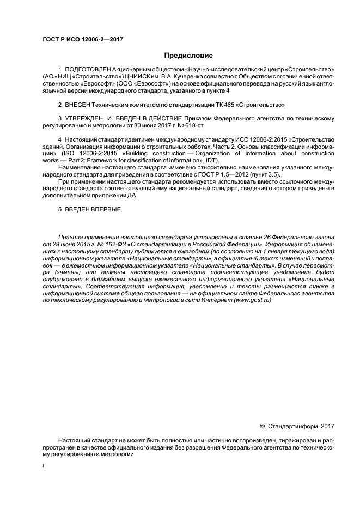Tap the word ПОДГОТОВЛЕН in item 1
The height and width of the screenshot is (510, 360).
(x=88, y=70)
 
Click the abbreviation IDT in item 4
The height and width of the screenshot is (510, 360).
(x=209, y=160)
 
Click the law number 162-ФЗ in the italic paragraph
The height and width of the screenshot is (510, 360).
(x=114, y=244)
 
